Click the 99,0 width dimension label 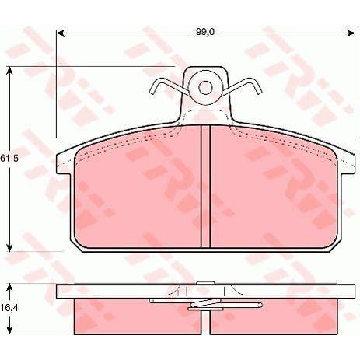pyautogui.click(x=205, y=32)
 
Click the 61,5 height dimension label pyautogui.click(x=9, y=158)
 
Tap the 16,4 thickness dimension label pyautogui.click(x=9, y=308)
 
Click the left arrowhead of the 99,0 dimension pyautogui.click(x=60, y=33)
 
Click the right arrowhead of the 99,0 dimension pyautogui.click(x=351, y=33)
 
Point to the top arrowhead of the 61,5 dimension pyautogui.click(x=9, y=70)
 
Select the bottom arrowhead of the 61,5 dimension pyautogui.click(x=9, y=248)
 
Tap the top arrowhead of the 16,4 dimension pyautogui.click(x=9, y=288)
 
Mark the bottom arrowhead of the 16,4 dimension pyautogui.click(x=9, y=330)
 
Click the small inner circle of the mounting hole pyautogui.click(x=205, y=87)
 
